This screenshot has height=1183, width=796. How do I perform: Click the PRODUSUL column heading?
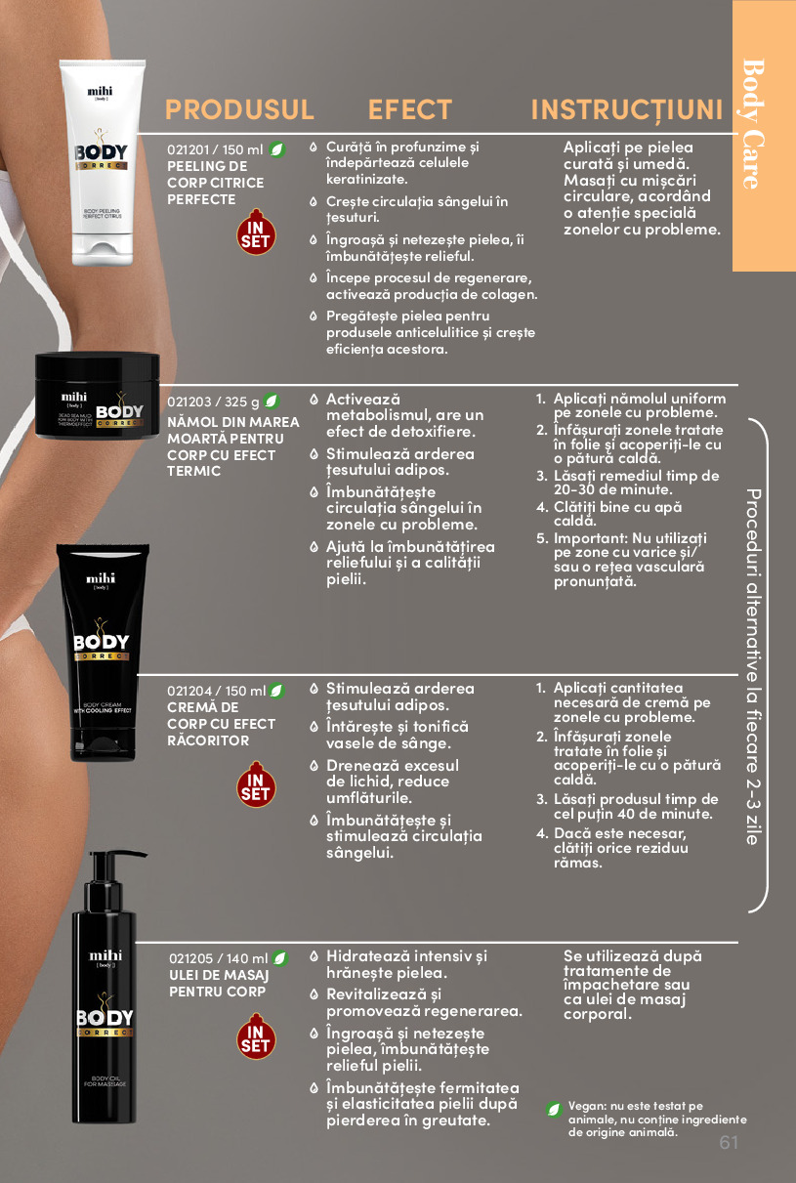(239, 109)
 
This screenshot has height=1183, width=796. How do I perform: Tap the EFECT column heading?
(409, 109)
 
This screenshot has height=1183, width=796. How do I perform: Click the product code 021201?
(188, 150)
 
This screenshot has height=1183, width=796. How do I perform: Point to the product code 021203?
(189, 401)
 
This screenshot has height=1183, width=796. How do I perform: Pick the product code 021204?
(189, 691)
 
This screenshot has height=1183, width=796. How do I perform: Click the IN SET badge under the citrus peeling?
(256, 232)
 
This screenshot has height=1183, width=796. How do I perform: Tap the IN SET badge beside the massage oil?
(256, 1036)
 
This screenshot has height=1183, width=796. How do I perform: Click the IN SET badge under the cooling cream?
(256, 784)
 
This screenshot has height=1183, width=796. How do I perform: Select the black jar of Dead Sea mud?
(98, 396)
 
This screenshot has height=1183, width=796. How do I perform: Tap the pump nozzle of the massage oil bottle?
(128, 854)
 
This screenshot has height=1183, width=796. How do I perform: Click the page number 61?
(729, 1142)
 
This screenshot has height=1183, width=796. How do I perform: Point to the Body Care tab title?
(754, 124)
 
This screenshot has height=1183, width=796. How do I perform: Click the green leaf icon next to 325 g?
(271, 401)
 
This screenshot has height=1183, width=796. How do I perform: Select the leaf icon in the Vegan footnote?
(554, 1109)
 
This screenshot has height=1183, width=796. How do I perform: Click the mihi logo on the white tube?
(100, 93)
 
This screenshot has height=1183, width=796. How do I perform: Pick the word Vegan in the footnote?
(587, 1107)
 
